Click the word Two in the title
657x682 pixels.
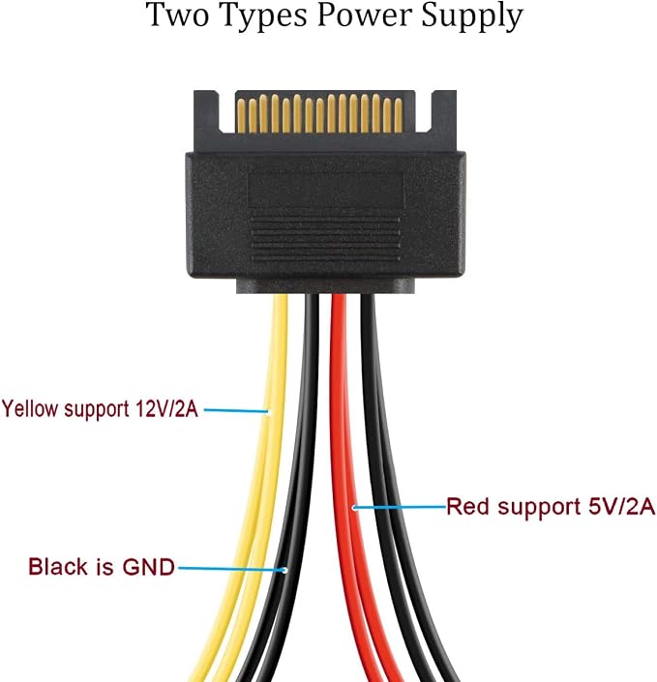[177, 15]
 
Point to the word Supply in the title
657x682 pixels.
[471, 17]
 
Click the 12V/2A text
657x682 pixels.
[167, 409]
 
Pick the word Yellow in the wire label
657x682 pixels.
[30, 410]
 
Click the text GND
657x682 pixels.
[149, 567]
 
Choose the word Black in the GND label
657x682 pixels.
[58, 567]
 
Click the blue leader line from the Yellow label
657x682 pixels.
[236, 410]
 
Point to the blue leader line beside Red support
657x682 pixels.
[400, 507]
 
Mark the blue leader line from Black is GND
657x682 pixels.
[232, 569]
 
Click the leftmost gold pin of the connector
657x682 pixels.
[241, 116]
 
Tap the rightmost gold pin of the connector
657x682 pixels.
[398, 116]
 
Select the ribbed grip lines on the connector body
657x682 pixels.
[325, 239]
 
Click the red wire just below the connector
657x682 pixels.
[339, 313]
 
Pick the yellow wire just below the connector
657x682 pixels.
[281, 313]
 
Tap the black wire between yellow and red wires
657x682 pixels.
[312, 313]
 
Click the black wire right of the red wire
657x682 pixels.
[368, 313]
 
